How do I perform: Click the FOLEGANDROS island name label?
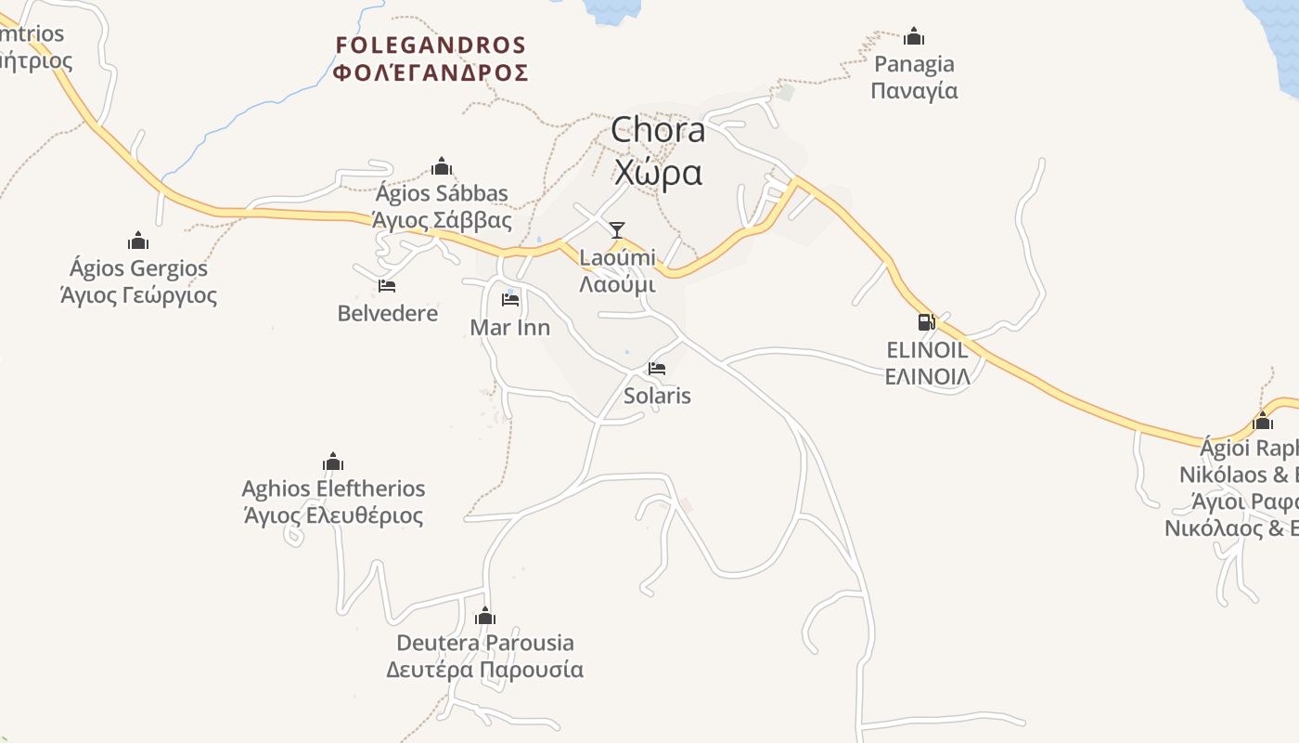point(431,46)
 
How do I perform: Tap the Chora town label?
point(658,131)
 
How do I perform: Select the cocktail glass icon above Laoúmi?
point(617,230)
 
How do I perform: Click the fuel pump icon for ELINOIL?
point(926,322)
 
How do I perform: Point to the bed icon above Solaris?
point(657,369)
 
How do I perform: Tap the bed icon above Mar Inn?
point(509,300)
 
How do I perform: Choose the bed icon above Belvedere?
point(387,286)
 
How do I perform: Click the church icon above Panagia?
point(914,36)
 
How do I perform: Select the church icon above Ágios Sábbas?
point(442,166)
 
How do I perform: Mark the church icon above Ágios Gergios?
point(138,241)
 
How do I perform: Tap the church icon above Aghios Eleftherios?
point(333,462)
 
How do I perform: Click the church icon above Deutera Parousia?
point(484,616)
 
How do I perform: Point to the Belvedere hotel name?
point(388,313)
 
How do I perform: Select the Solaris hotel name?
point(657,396)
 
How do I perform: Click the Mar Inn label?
point(509,327)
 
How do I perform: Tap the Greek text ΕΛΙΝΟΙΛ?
point(927,376)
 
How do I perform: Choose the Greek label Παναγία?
point(915,91)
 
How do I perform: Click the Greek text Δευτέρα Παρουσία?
point(484,670)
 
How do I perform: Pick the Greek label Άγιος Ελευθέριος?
point(333,515)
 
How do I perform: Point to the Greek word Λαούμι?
point(617,284)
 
